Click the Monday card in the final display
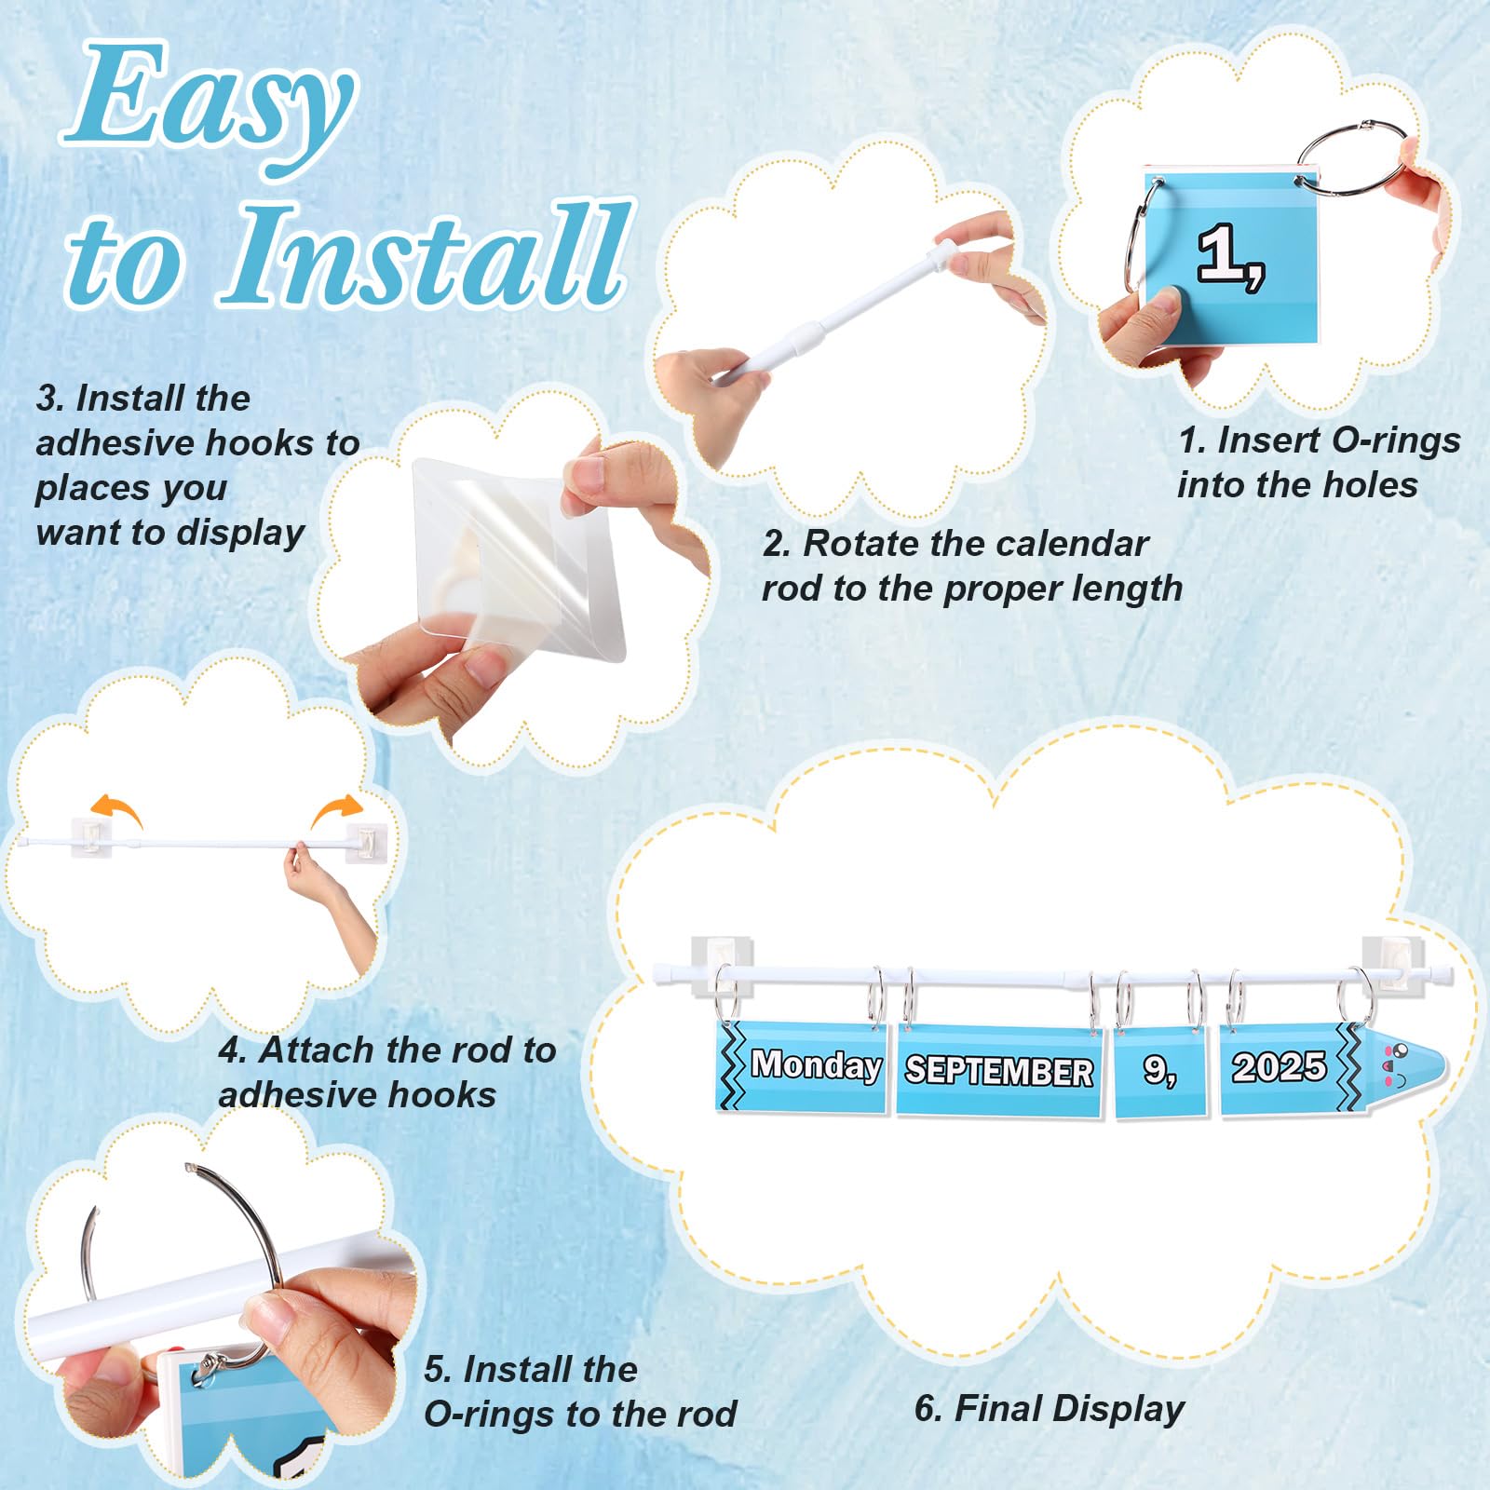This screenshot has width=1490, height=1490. click(x=803, y=1066)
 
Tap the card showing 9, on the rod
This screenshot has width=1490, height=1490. click(x=1160, y=1071)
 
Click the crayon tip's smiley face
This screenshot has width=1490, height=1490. click(x=1395, y=1065)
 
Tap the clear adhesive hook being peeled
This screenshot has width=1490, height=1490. click(x=517, y=559)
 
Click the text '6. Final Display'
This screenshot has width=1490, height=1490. click(x=1049, y=1409)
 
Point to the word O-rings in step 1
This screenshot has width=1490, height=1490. click(x=1397, y=440)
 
